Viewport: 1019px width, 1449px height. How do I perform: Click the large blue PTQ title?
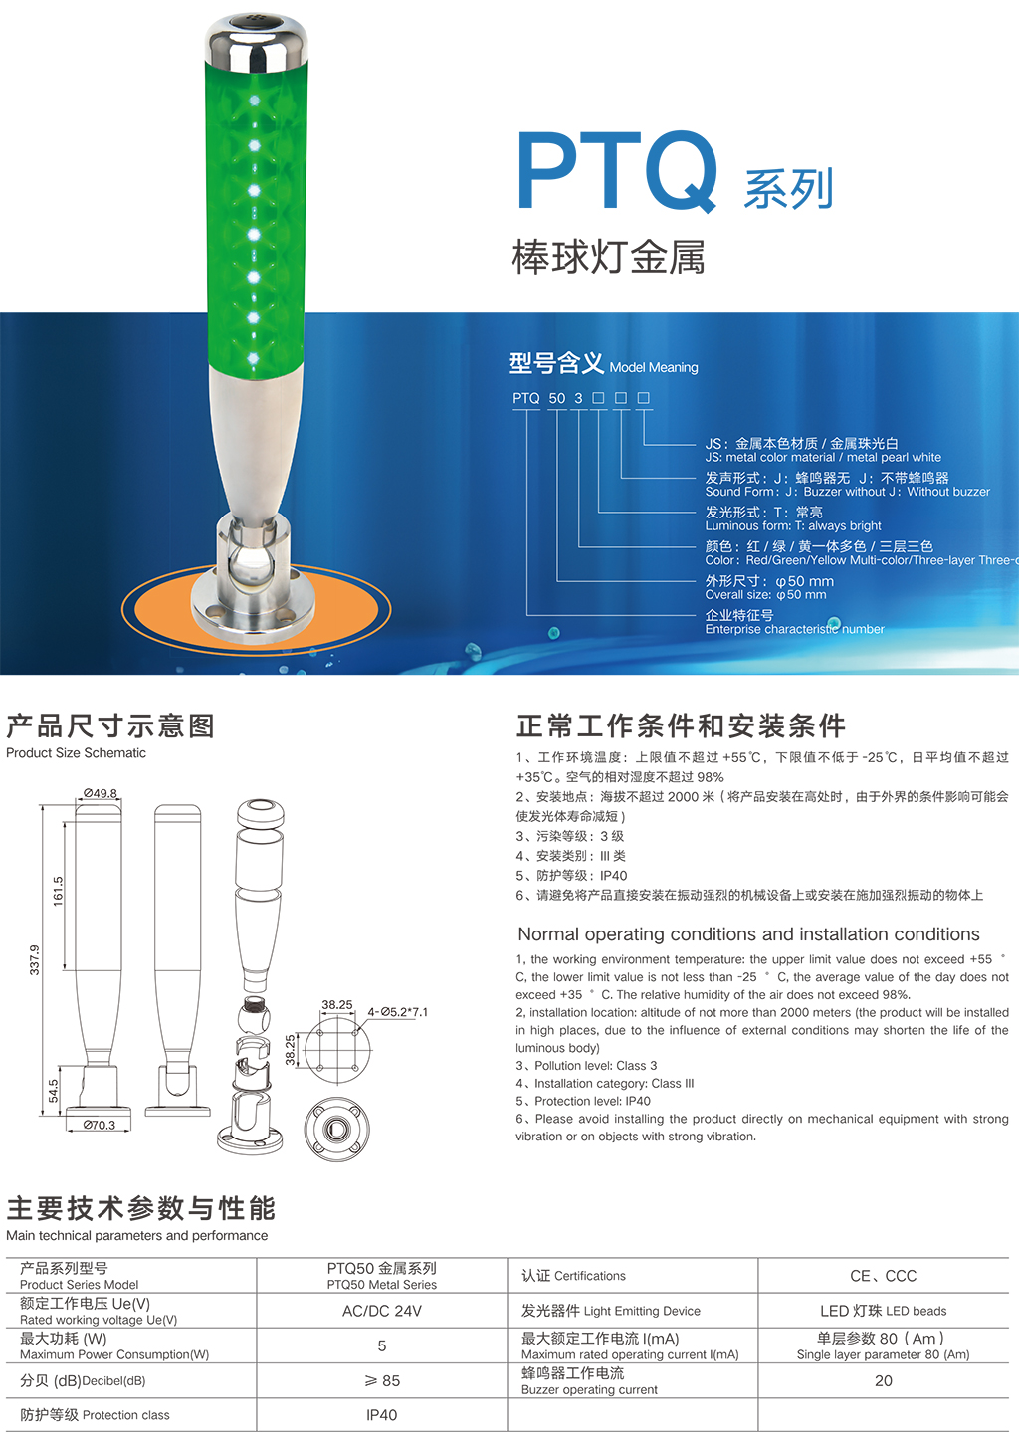[x=617, y=171]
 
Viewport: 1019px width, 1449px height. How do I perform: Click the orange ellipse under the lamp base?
[x=256, y=609]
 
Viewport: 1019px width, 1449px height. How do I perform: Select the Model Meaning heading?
[x=654, y=367]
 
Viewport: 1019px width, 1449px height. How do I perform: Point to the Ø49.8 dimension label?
[x=101, y=793]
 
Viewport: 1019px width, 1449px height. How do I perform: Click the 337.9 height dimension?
[x=34, y=960]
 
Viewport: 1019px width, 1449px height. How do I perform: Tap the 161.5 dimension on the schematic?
[x=59, y=891]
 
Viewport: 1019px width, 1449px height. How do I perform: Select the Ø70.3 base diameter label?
[x=99, y=1125]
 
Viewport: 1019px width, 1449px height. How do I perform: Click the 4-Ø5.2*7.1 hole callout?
[x=398, y=1012]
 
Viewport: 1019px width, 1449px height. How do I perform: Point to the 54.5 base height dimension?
[x=53, y=1091]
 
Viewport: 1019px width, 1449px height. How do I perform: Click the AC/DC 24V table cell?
[x=382, y=1311]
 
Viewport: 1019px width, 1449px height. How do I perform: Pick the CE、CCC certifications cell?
[x=883, y=1276]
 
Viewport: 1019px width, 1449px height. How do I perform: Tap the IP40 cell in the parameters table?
[x=382, y=1415]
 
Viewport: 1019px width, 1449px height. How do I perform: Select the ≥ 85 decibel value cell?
[x=382, y=1381]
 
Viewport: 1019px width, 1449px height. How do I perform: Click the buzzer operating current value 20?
[x=883, y=1381]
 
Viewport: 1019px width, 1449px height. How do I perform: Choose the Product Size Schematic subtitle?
[x=76, y=753]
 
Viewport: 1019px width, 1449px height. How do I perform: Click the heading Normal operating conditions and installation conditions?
[x=748, y=934]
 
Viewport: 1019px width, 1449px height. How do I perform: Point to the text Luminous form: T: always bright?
[x=793, y=525]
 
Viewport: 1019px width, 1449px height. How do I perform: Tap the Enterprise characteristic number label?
[x=794, y=629]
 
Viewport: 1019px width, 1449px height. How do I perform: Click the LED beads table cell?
[x=883, y=1311]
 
